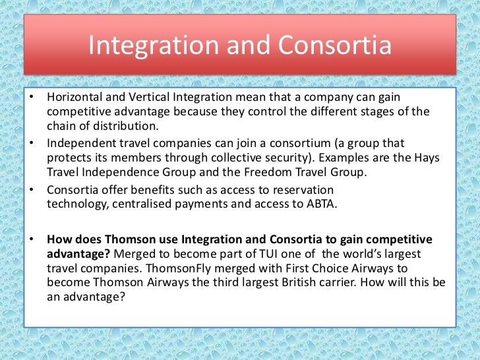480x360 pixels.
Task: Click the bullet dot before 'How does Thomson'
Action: pyautogui.click(x=31, y=239)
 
